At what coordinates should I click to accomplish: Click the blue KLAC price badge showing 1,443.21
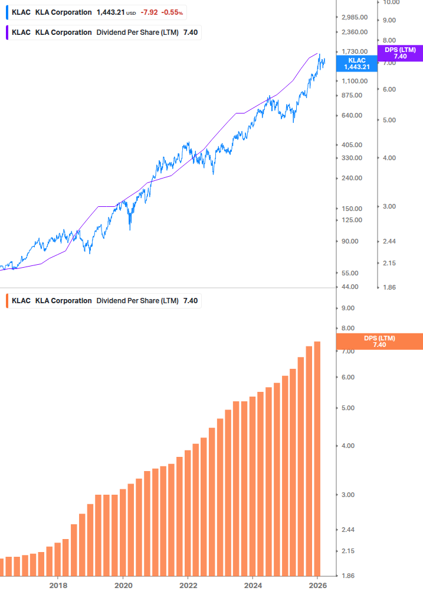357,63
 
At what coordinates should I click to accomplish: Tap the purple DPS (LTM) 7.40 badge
400,53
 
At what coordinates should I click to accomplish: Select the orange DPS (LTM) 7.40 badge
379,341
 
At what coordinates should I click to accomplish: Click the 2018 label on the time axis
58,585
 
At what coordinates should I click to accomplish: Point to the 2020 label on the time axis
123,585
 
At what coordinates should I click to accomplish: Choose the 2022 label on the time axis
188,585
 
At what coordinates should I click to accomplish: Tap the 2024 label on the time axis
253,585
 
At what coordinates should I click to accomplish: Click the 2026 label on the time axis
317,585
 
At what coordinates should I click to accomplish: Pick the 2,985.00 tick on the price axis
355,17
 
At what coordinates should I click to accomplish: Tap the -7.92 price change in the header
149,12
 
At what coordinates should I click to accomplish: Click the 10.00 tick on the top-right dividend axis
391,2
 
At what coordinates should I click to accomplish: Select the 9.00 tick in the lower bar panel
348,308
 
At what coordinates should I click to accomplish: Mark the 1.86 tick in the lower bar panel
348,576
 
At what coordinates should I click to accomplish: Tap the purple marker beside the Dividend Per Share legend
6,32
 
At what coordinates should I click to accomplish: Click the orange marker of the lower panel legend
6,301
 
